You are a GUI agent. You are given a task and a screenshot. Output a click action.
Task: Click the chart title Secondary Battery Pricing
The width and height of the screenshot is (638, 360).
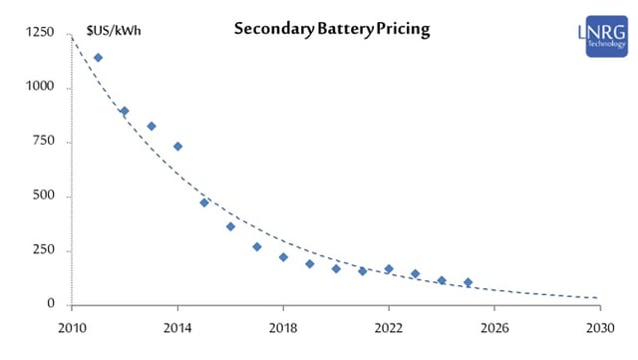click(x=331, y=29)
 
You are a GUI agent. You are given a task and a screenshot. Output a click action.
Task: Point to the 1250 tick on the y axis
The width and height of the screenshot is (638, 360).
click(x=40, y=35)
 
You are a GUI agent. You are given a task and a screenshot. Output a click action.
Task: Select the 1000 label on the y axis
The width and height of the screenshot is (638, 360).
click(x=40, y=89)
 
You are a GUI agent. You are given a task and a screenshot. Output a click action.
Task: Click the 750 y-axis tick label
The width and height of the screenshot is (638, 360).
click(x=43, y=143)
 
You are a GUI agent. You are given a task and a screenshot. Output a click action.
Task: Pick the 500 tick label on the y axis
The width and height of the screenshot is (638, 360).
click(x=43, y=196)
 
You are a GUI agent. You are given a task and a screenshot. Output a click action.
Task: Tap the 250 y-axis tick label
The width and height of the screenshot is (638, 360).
click(x=43, y=250)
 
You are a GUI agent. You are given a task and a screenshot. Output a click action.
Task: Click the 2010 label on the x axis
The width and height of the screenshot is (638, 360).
click(x=73, y=326)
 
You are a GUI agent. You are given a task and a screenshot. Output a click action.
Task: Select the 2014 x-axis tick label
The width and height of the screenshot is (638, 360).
click(x=177, y=326)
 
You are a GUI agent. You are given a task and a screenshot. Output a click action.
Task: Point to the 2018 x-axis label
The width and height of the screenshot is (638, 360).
click(x=283, y=326)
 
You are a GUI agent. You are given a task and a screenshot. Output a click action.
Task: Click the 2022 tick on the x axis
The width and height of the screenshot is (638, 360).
click(x=389, y=326)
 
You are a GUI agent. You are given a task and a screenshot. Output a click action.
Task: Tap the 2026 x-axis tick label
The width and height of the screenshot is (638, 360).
click(x=494, y=326)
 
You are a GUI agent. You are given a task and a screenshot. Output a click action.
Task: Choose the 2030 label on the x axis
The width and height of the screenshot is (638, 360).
click(x=600, y=326)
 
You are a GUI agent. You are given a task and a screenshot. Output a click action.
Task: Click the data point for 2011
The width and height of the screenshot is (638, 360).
click(x=98, y=58)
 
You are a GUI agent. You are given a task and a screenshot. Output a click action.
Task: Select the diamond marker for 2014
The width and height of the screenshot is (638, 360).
click(x=177, y=147)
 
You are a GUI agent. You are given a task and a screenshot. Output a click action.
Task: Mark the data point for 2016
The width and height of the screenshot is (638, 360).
click(x=230, y=226)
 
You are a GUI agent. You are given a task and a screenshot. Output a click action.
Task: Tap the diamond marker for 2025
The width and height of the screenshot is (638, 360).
click(x=468, y=282)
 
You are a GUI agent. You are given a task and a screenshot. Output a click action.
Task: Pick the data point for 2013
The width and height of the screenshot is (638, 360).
click(x=152, y=127)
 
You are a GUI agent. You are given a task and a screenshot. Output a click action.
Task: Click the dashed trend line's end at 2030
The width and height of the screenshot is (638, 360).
click(x=599, y=298)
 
